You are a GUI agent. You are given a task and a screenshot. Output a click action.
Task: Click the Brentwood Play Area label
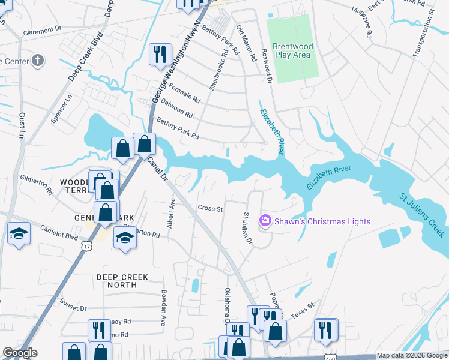point(291,50)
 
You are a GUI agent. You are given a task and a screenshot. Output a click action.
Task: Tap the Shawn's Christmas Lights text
point(322,221)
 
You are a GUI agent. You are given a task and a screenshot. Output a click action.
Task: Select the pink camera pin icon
point(265,221)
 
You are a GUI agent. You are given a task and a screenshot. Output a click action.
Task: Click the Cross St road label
point(210,209)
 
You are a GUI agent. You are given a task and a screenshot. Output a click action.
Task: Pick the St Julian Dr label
point(247,227)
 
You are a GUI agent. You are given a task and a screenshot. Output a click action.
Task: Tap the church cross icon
point(38,60)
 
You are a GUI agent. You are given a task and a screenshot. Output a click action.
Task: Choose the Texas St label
point(303,310)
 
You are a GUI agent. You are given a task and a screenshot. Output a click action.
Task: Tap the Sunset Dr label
point(74,308)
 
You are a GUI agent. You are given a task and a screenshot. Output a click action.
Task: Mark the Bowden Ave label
point(163,308)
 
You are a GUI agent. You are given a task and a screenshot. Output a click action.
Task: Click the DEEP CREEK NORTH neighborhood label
point(122,281)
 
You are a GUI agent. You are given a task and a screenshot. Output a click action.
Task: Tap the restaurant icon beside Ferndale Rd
point(160,55)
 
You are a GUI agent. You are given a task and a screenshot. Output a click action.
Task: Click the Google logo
point(20,353)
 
